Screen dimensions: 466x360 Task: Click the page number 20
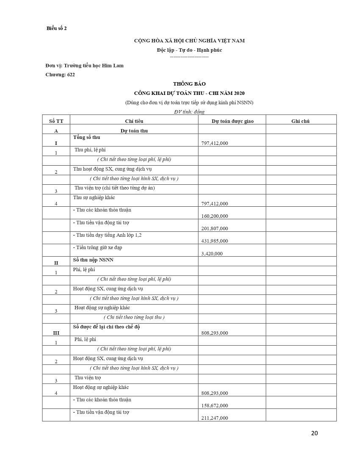coord(314,433)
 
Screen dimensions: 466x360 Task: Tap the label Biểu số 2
coord(57,28)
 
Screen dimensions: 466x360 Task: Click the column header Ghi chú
coord(300,121)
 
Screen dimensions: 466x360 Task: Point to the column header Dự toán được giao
coord(233,121)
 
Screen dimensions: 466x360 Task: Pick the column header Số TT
coord(56,121)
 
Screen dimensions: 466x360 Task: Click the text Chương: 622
coord(60,75)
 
